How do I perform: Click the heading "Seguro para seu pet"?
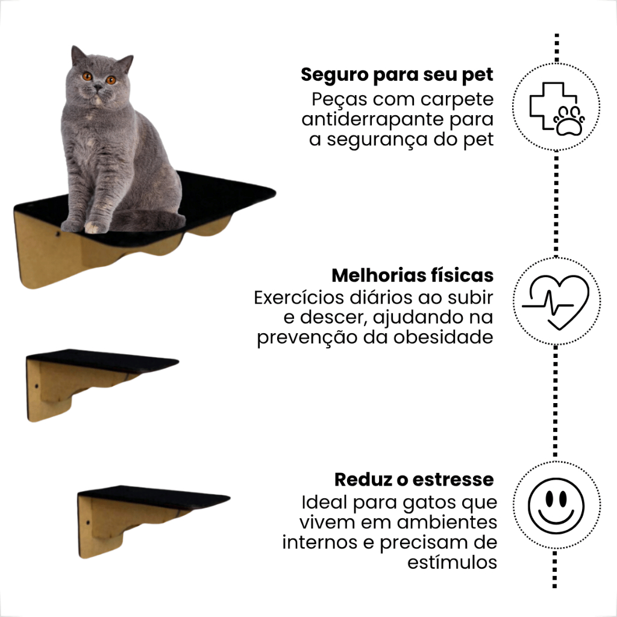pyautogui.click(x=396, y=75)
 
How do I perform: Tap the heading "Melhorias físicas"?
pyautogui.click(x=412, y=275)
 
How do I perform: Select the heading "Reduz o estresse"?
pyautogui.click(x=414, y=479)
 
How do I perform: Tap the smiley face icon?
pyautogui.click(x=556, y=506)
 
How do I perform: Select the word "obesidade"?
pyautogui.click(x=443, y=337)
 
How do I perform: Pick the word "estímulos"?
pyautogui.click(x=452, y=562)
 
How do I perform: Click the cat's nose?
pyautogui.click(x=97, y=87)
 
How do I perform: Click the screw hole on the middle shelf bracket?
pyautogui.click(x=37, y=386)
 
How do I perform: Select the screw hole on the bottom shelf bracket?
pyautogui.click(x=88, y=523)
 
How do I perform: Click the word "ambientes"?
pyautogui.click(x=447, y=522)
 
